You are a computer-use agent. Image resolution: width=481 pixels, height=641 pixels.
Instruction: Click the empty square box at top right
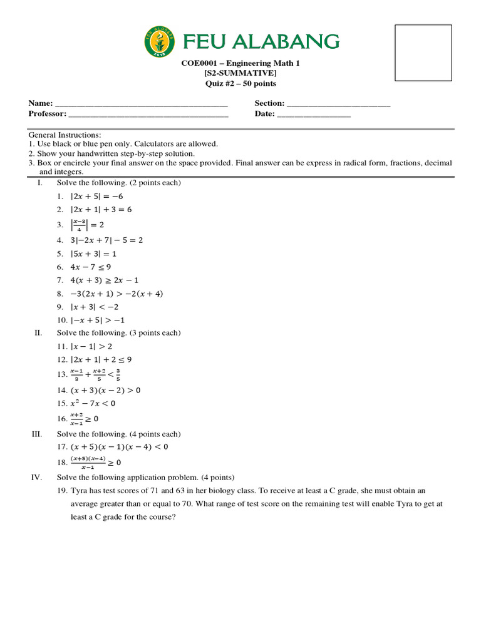tap(423, 54)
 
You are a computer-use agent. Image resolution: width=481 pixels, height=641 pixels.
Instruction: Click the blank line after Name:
tap(142, 104)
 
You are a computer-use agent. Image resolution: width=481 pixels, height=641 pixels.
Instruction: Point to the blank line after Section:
tap(338, 104)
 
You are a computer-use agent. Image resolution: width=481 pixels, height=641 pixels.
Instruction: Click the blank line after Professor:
tap(148, 114)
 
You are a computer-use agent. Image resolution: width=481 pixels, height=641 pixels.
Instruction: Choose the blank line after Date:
tap(314, 114)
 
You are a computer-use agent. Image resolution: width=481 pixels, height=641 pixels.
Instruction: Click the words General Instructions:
tap(65, 135)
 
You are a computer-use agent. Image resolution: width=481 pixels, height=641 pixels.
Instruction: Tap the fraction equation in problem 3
tap(89, 225)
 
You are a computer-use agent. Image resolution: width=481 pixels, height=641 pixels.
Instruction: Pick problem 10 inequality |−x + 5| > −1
tap(99, 320)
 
